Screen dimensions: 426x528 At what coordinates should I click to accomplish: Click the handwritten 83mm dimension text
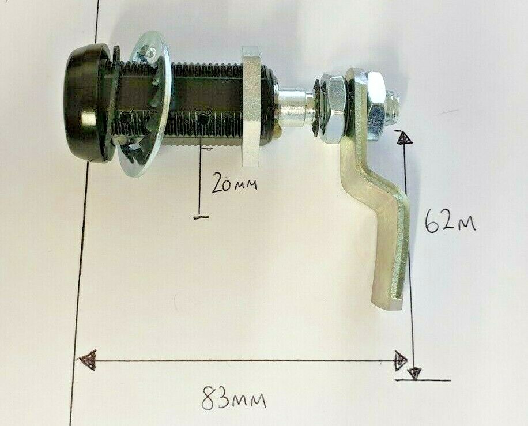coord(233,398)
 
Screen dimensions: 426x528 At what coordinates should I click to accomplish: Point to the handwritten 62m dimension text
coord(450,221)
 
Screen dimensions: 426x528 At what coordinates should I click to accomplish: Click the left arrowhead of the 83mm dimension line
coord(87,361)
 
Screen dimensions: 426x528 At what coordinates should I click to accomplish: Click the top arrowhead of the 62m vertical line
coord(405,138)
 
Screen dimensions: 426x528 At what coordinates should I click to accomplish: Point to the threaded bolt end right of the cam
coord(397,107)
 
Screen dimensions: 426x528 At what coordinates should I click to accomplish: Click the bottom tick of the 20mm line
coord(200,217)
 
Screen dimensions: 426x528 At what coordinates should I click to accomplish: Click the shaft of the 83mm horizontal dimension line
coord(242,361)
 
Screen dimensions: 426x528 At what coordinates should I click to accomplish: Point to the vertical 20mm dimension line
coord(199,184)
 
